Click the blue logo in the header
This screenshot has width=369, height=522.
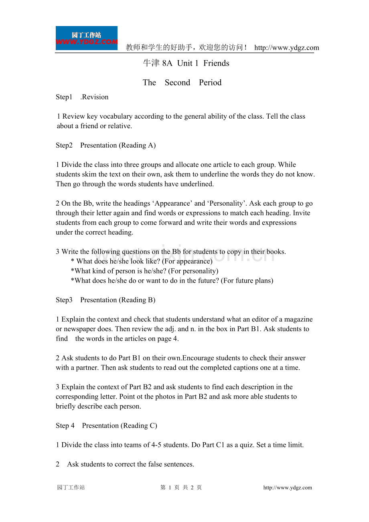pyautogui.click(x=86, y=38)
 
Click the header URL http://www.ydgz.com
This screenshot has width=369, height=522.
pyautogui.click(x=287, y=48)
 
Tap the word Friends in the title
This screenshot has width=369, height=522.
pyautogui.click(x=216, y=63)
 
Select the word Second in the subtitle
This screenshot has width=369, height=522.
pyautogui.click(x=177, y=83)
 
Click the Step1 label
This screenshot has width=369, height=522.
pyautogui.click(x=64, y=97)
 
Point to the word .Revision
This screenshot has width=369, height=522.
pyautogui.click(x=94, y=97)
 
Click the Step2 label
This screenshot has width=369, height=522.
pyautogui.click(x=64, y=145)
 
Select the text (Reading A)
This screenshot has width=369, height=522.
pyautogui.click(x=136, y=145)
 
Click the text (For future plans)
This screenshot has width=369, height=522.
pyautogui.click(x=247, y=281)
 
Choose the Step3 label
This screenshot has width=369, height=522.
pyautogui.click(x=64, y=300)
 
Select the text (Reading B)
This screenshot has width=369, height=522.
pyautogui.click(x=136, y=300)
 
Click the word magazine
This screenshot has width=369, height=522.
pyautogui.click(x=298, y=320)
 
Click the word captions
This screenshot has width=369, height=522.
pyautogui.click(x=235, y=368)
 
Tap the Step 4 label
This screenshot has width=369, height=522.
pyautogui.click(x=65, y=425)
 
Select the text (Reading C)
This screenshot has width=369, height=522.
pyautogui.click(x=138, y=425)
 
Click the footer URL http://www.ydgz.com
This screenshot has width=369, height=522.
pyautogui.click(x=288, y=488)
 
